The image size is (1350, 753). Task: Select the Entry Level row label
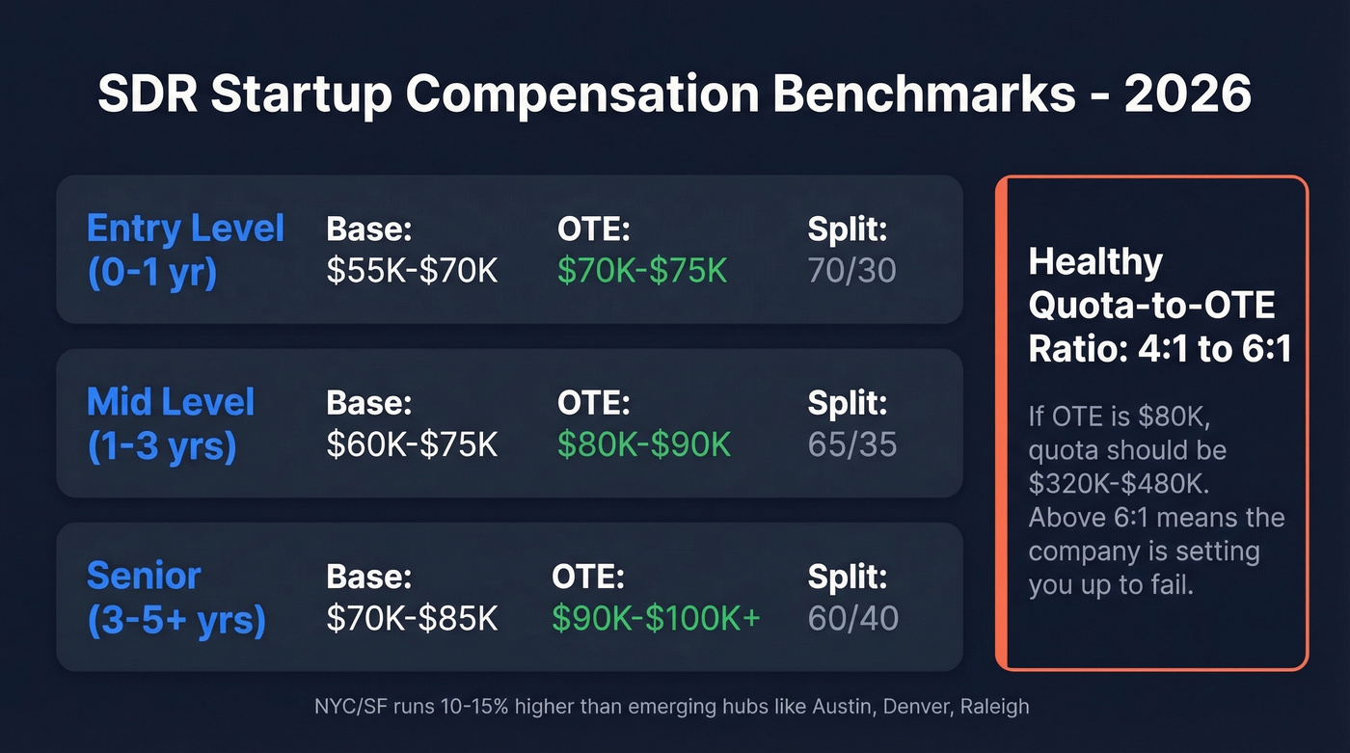[185, 251]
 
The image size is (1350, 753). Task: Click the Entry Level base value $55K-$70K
[412, 271]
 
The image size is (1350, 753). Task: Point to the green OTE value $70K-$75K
[642, 271]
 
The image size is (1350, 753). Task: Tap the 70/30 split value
[851, 271]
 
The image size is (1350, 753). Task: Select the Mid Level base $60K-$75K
[412, 444]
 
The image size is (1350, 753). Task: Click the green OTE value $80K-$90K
[644, 444]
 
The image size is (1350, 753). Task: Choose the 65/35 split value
[851, 444]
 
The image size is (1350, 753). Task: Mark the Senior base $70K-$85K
[412, 618]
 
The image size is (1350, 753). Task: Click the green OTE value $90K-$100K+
[656, 618]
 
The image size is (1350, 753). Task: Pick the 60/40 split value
[852, 618]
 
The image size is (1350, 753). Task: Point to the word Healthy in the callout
[1095, 262]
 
